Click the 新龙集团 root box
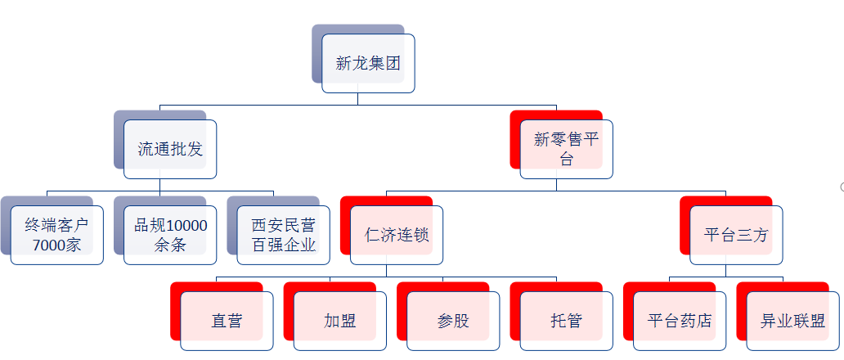pos(368,63)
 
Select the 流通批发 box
pos(170,150)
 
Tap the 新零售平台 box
pos(566,150)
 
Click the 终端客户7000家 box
pos(57,235)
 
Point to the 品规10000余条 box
pos(170,235)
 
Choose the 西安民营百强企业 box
pos(284,235)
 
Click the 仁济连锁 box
pos(397,235)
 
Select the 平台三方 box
pos(736,235)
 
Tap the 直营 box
pos(227,321)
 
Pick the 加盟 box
pos(339,321)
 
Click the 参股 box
pos(453,321)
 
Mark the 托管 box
pos(566,321)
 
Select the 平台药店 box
pos(680,321)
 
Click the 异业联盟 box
pos(792,321)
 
